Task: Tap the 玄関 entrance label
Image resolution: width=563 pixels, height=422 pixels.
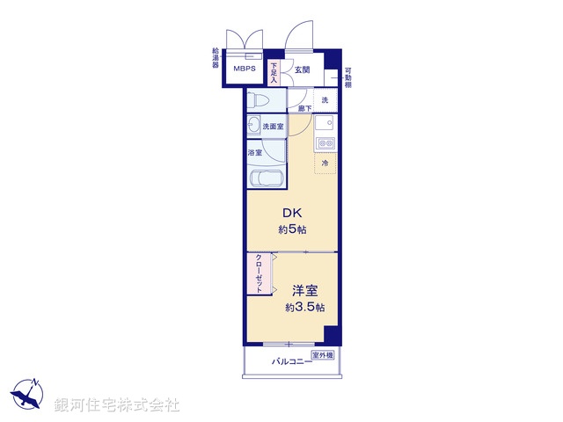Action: pos(302,69)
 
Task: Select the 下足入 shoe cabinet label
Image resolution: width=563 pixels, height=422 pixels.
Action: pos(274,72)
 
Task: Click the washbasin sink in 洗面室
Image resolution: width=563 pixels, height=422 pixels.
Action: pos(254,125)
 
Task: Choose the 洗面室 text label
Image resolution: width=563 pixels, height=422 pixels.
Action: pos(274,127)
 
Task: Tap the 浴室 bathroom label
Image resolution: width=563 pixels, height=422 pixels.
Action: pos(253,153)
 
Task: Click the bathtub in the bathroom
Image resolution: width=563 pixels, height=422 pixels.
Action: pos(267,178)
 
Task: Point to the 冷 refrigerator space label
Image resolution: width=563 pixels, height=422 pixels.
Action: pos(325,163)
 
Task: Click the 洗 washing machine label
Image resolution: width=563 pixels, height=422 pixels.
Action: pos(325,100)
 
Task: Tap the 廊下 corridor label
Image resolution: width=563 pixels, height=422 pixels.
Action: pos(304,108)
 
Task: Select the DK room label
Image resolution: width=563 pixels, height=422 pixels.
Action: pos(292,213)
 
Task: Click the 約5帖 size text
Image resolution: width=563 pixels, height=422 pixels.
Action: pos(292,229)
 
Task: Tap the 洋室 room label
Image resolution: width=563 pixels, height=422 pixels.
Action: pos(293,290)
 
